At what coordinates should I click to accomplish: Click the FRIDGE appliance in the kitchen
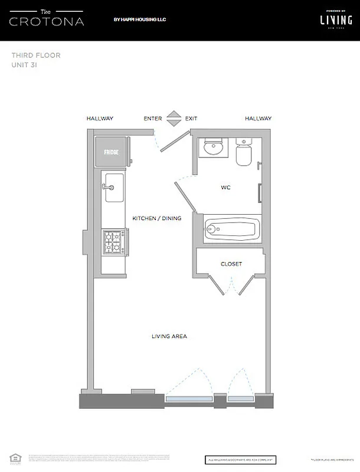tap(112, 152)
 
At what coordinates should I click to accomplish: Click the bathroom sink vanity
tap(212, 148)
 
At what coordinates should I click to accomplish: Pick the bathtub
tap(232, 228)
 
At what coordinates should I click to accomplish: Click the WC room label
tap(225, 188)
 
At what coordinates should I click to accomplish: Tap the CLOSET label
tap(231, 264)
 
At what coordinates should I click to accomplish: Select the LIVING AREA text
tap(169, 336)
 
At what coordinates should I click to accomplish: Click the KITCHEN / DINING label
tap(156, 218)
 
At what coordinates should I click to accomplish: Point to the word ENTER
tap(153, 119)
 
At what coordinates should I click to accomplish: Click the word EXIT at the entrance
tap(191, 119)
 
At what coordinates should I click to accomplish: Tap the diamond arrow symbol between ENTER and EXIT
tap(172, 119)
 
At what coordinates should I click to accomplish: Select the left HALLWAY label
tap(100, 119)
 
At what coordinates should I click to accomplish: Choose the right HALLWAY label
tap(258, 119)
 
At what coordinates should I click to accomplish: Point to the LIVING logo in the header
tap(332, 19)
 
